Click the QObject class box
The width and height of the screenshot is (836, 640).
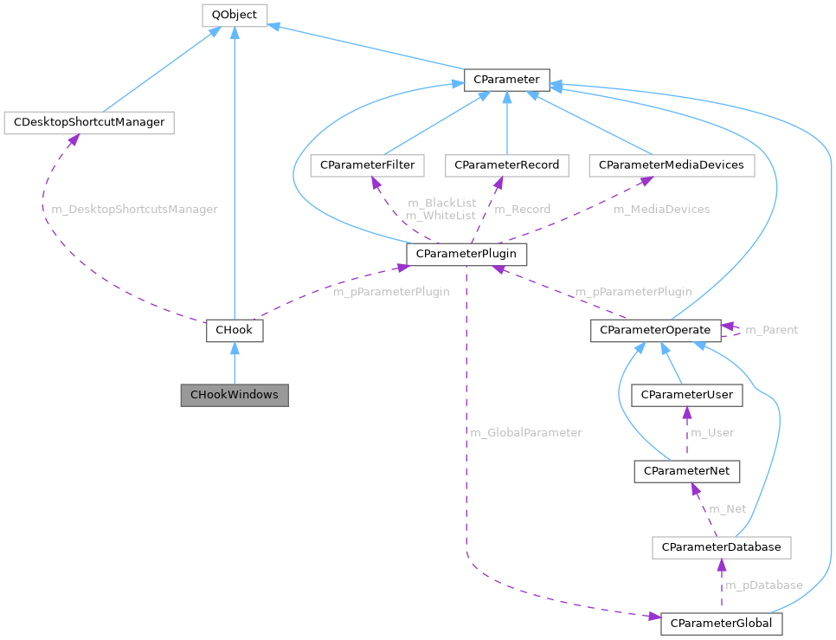(x=234, y=15)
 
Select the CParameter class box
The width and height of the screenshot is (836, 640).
(x=506, y=80)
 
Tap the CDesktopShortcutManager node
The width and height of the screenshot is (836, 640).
(x=89, y=122)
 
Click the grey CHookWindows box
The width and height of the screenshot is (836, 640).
(x=234, y=395)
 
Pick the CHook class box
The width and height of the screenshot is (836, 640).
(x=234, y=330)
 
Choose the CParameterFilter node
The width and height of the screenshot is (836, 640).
(x=368, y=165)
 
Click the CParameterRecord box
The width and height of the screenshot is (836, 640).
(x=506, y=165)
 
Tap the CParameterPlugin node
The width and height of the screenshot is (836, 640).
(x=466, y=254)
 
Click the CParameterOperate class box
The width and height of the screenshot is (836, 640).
(x=655, y=330)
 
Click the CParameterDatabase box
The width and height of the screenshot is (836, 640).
(x=721, y=546)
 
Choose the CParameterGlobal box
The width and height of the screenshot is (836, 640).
(x=721, y=624)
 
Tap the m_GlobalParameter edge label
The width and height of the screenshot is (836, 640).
(x=525, y=432)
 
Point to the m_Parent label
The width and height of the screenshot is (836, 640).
(x=771, y=330)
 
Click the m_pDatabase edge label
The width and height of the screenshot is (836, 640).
(x=763, y=585)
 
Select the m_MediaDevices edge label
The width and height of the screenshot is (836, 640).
(x=661, y=210)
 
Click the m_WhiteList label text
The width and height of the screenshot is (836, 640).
(x=441, y=215)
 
